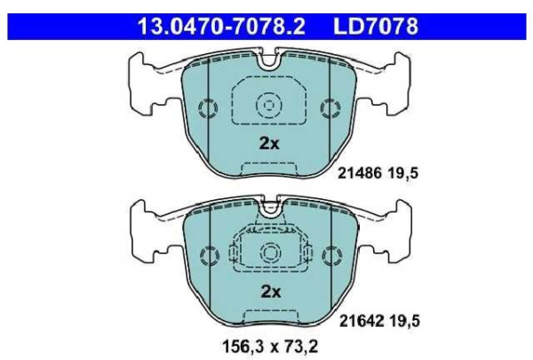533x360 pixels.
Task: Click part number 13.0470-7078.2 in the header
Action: (221, 27)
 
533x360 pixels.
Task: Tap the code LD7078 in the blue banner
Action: (376, 27)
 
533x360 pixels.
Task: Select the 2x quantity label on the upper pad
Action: (269, 143)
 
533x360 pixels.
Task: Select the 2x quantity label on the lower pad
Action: (271, 292)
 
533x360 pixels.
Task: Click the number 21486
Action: (360, 173)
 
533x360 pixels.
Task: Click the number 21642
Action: (362, 321)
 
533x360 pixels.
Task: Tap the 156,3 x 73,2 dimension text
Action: (270, 347)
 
